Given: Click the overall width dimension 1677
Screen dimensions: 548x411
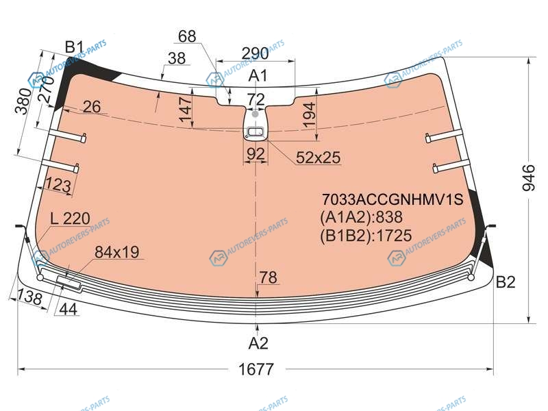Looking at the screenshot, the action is pos(256,369).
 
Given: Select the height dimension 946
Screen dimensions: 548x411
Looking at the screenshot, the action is pos(528,178).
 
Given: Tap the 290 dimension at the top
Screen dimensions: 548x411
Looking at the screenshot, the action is pos(255,53).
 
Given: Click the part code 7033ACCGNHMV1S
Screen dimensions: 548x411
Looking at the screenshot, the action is pos(392,199).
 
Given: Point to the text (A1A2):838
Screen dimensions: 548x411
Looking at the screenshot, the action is pos(362,217).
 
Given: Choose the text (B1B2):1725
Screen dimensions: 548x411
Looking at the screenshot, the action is pos(366,236).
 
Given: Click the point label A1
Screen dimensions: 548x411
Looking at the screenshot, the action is pos(258,76).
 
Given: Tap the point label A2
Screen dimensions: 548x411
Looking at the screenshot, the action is pos(258,343).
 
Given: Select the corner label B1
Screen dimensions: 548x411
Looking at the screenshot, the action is pos(75,47).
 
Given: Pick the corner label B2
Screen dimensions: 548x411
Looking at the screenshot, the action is pos(506,282).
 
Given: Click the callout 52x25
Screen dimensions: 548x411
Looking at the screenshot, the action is pos(318,158).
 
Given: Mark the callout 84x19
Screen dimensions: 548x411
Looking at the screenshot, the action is pos(116,252).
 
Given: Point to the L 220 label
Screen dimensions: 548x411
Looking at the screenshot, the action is pos(71,219).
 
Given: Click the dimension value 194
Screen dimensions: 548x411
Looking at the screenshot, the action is pos(310,114).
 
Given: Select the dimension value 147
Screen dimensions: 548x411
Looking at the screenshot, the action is pos(186,109).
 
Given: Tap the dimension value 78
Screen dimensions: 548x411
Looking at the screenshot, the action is pos(269,277).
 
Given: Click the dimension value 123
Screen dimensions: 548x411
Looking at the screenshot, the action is pos(58,184).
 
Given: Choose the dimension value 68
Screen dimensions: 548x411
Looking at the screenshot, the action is pos(187,36).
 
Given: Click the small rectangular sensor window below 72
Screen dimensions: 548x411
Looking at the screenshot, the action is pos(256,132).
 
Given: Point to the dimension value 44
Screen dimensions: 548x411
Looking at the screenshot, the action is pos(68,309).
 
